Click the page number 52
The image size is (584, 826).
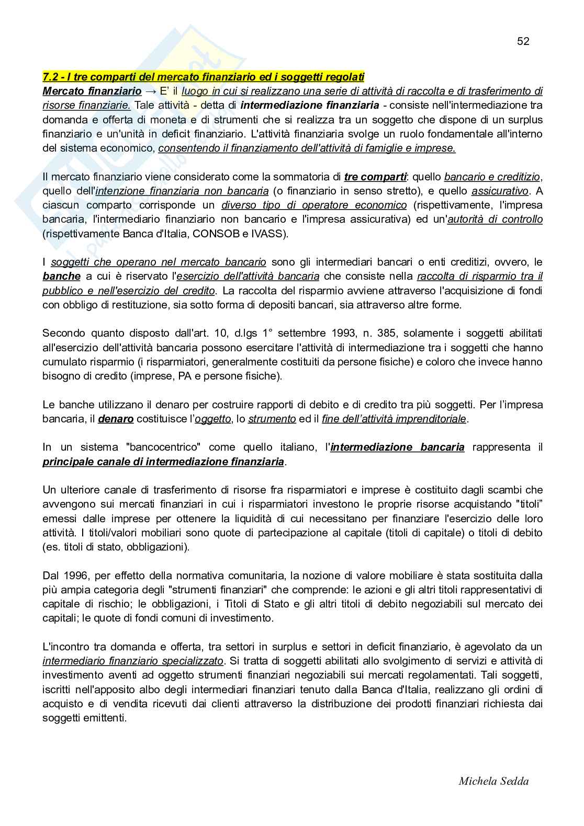523,41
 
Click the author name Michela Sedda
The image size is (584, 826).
493,781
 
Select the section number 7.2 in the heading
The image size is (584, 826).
51,76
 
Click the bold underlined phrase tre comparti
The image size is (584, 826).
375,177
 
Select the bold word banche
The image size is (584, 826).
61,276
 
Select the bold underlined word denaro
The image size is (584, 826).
116,419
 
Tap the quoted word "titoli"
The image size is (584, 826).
528,504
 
